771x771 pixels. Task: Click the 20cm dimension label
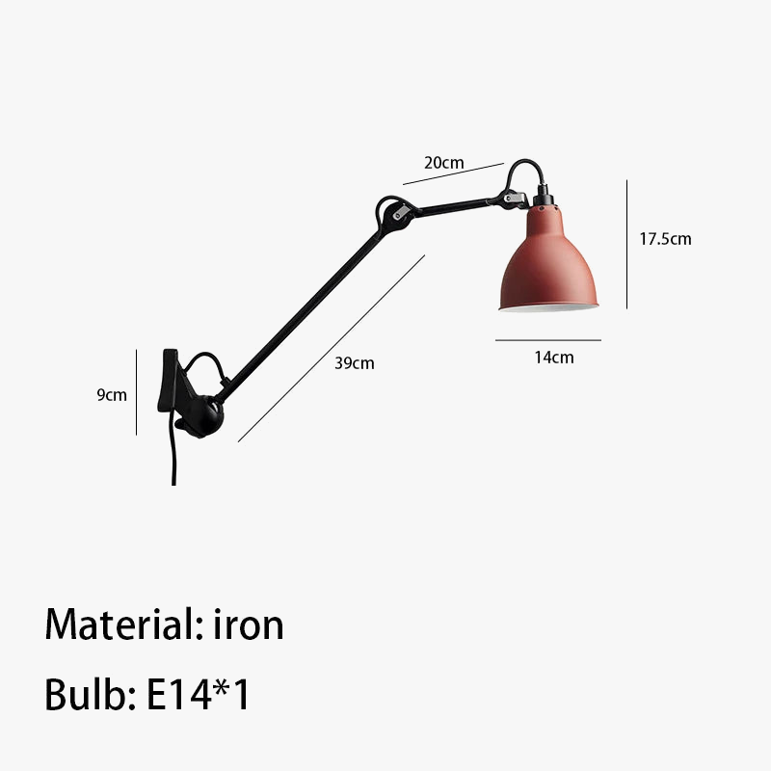[444, 163]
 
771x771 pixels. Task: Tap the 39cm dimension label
[354, 363]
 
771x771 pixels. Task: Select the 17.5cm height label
[665, 239]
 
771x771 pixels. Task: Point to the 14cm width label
[553, 358]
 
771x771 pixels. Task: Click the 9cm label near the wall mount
[112, 395]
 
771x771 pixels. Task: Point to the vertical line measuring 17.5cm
[627, 243]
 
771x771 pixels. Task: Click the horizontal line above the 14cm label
[548, 340]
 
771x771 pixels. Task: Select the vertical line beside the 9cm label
[137, 393]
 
